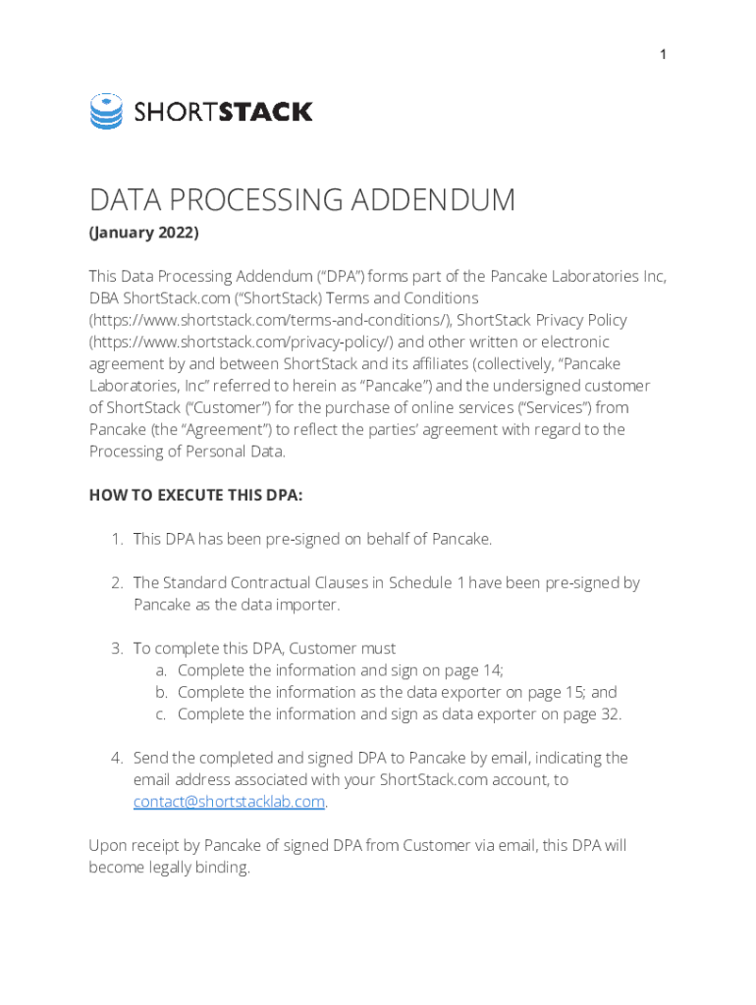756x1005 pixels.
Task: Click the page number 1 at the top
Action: [x=663, y=55]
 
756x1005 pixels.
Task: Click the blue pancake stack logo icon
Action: [x=106, y=111]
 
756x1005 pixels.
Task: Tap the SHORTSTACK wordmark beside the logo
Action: [x=223, y=112]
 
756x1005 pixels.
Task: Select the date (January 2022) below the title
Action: [x=143, y=234]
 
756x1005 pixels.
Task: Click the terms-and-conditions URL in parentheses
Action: [x=269, y=320]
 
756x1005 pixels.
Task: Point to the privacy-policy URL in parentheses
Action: [x=242, y=342]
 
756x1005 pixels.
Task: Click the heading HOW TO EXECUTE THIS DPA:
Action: [x=195, y=496]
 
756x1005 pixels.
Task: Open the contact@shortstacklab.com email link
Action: [x=229, y=802]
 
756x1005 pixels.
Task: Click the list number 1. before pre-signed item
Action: [x=116, y=539]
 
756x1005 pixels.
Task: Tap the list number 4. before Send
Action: [x=116, y=758]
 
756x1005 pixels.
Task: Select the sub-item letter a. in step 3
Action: [x=162, y=670]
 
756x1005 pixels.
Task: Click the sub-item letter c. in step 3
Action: [x=162, y=714]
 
